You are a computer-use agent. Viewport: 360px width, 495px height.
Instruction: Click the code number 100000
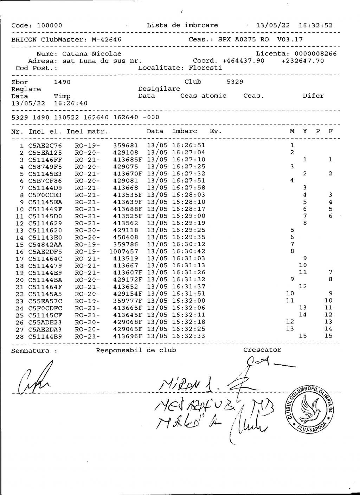pyautogui.click(x=50, y=25)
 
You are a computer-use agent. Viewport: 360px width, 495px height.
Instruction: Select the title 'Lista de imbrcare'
pyautogui.click(x=182, y=25)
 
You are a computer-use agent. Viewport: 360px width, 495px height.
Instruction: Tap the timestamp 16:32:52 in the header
pyautogui.click(x=315, y=25)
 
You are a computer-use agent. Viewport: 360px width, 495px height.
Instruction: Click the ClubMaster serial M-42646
pyautogui.click(x=106, y=39)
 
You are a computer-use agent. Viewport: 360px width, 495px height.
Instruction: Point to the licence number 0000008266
pyautogui.click(x=315, y=54)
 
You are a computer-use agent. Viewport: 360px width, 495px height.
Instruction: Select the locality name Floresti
pyautogui.click(x=205, y=68)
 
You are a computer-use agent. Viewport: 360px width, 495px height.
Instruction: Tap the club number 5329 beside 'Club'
pyautogui.click(x=235, y=82)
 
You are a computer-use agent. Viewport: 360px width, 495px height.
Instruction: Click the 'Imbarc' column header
pyautogui.click(x=185, y=131)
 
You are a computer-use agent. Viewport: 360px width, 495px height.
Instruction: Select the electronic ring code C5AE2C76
pyautogui.click(x=45, y=146)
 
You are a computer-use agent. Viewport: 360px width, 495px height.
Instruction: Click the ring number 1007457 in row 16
pyautogui.click(x=124, y=252)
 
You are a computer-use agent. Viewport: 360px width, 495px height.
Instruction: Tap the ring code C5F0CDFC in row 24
pyautogui.click(x=45, y=308)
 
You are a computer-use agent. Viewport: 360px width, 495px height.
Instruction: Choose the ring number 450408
pyautogui.click(x=126, y=237)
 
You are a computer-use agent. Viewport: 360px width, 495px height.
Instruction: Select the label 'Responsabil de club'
pyautogui.click(x=136, y=350)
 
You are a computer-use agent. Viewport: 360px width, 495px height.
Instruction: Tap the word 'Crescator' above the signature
pyautogui.click(x=262, y=350)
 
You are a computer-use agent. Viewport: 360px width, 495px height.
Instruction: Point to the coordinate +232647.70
pyautogui.click(x=303, y=61)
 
